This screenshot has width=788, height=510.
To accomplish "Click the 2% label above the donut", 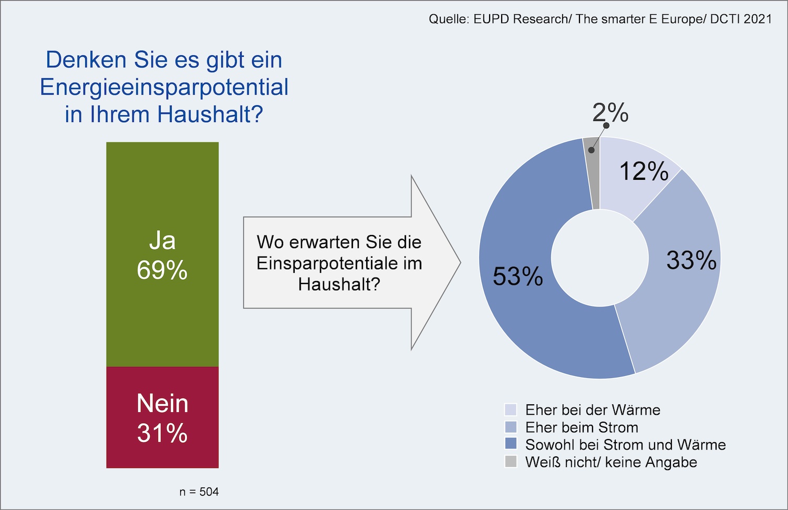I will (x=610, y=112).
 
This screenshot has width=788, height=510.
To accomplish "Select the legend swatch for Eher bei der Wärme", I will (x=511, y=410).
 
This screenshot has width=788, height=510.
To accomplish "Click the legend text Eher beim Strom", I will (x=582, y=427).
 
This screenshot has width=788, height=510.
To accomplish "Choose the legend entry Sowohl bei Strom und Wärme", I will (x=625, y=445).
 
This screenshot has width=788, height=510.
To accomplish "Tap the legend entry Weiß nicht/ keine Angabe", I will (x=611, y=462).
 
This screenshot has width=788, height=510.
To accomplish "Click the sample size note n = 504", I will (x=199, y=492).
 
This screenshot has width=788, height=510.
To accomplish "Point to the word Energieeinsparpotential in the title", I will (x=164, y=87).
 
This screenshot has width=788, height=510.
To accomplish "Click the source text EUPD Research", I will (x=521, y=19).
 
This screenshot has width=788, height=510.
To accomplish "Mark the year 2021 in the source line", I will (x=758, y=19).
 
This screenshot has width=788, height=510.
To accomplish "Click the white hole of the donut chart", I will (x=599, y=258).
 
